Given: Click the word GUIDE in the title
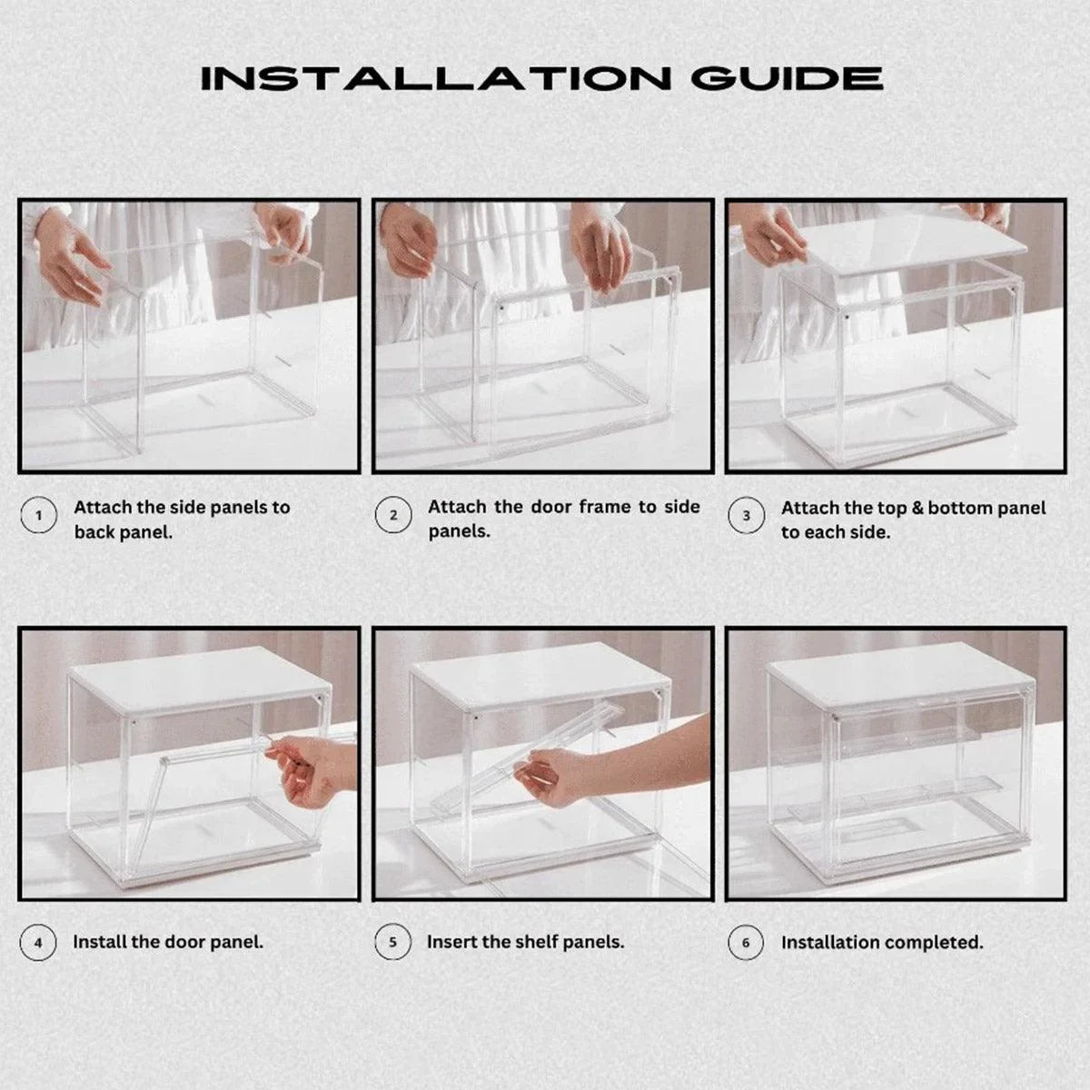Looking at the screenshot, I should [787, 78].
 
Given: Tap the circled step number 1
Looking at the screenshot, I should [38, 517].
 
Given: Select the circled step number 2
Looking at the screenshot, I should [392, 516].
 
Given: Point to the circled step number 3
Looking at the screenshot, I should [746, 516].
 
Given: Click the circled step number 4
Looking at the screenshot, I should [38, 943].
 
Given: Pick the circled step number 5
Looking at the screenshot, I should [392, 943].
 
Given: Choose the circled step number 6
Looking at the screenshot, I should [746, 943].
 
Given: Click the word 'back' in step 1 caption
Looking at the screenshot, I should [95, 532].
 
